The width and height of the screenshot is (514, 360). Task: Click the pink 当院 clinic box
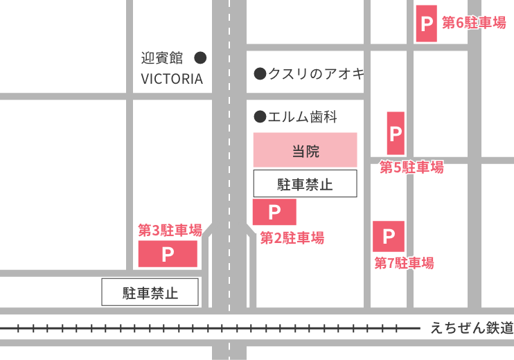point(305,150)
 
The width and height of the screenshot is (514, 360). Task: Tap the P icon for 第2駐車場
point(274,212)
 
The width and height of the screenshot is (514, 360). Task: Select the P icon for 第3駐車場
point(168,254)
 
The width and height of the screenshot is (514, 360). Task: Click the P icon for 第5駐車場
point(396,133)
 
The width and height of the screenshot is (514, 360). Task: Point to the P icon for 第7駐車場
point(389,237)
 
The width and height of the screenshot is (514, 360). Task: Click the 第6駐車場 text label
point(475,23)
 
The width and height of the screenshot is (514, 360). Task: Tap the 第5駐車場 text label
point(411,168)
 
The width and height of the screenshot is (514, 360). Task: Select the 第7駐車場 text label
point(404,263)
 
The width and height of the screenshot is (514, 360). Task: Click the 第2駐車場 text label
point(292,238)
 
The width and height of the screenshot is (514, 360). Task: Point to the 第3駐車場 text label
point(170,229)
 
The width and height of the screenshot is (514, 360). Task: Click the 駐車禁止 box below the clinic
point(305,184)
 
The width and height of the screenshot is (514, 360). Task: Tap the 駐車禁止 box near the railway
point(150,292)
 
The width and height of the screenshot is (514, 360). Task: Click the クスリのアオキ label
point(316,73)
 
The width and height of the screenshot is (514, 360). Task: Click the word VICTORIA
point(172,79)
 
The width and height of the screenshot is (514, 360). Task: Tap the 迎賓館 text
point(161,57)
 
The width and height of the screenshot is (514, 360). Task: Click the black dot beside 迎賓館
point(200,57)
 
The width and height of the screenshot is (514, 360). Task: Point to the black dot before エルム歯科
point(260,116)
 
